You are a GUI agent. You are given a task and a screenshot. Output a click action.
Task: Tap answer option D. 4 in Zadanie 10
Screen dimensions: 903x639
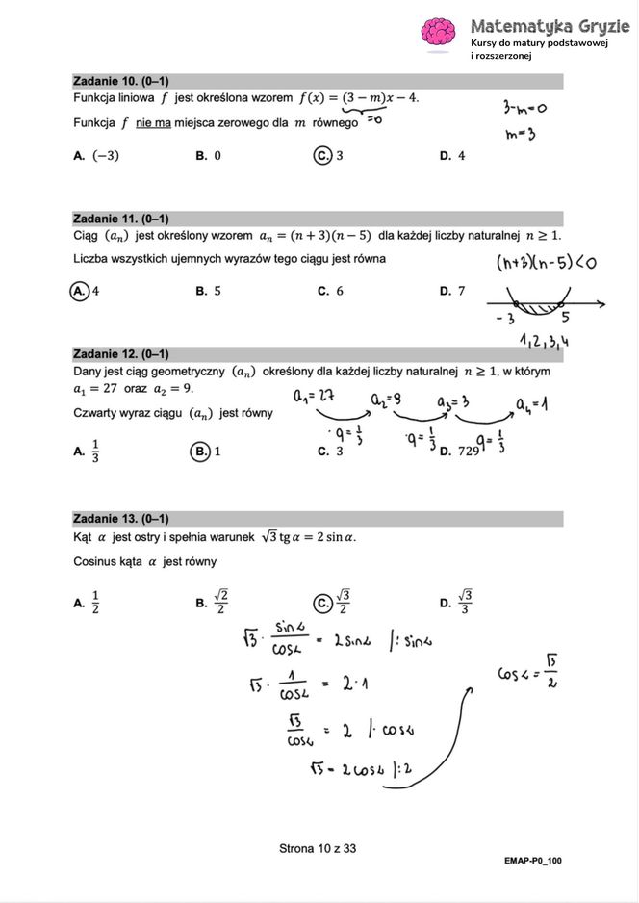[x=451, y=155]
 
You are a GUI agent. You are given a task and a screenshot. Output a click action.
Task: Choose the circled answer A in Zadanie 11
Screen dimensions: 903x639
[x=80, y=291]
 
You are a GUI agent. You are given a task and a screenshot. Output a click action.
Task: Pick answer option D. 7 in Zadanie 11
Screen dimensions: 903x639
[x=451, y=291]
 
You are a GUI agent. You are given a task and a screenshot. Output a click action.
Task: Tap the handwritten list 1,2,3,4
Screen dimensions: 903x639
[x=545, y=340]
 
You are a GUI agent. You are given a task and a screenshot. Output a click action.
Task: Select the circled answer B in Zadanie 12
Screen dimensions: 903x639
[x=200, y=451]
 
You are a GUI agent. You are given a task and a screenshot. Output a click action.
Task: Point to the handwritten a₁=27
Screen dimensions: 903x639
[x=316, y=396]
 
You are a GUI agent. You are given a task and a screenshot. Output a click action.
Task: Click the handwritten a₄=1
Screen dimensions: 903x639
[x=529, y=404]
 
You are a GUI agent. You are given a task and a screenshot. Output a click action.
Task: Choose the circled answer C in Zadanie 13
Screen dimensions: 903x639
[x=323, y=603]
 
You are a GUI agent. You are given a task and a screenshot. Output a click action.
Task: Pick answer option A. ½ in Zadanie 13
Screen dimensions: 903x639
[x=87, y=604]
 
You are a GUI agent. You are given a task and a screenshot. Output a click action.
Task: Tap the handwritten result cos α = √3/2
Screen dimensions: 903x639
[x=528, y=670]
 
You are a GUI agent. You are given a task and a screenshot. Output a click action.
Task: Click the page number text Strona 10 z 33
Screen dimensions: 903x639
[x=318, y=848]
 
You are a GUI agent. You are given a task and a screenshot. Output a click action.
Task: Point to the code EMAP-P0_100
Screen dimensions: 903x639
[x=532, y=860]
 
